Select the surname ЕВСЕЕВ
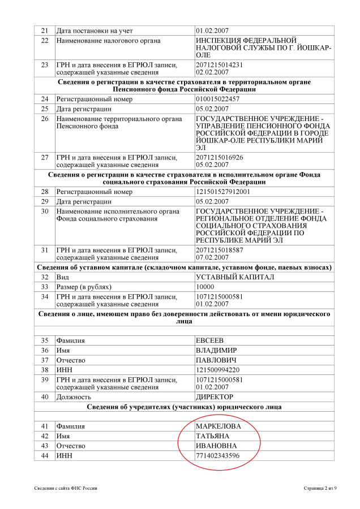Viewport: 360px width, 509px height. (209, 340)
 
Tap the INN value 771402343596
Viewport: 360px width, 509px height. (217, 456)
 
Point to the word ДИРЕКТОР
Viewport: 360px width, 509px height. (214, 397)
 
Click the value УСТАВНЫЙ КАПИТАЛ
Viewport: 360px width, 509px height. (234, 277)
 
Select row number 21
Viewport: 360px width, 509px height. (45, 30)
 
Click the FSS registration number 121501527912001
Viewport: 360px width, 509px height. (223, 192)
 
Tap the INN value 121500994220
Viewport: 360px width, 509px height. (217, 370)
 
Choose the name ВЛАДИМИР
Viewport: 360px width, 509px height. (216, 350)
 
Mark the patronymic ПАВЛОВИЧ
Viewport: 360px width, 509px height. (216, 360)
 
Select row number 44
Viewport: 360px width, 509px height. (45, 456)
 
